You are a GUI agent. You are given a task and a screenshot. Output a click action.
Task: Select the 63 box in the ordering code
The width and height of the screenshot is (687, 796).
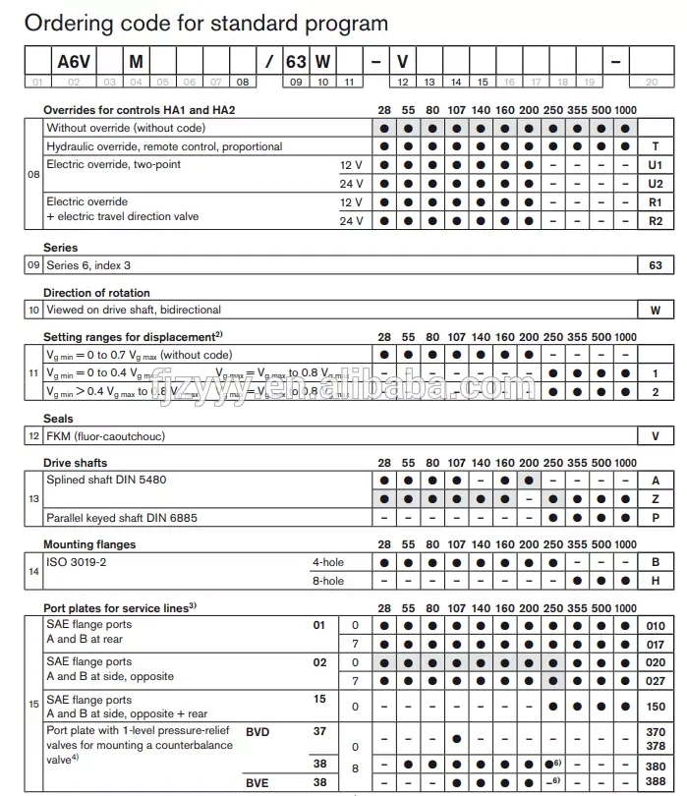296,61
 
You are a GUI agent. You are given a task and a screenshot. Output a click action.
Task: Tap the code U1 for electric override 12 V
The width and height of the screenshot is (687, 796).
656,165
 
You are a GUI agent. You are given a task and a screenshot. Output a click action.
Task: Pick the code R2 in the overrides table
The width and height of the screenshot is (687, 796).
656,221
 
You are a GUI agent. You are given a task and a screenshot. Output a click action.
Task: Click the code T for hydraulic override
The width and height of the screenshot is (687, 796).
656,146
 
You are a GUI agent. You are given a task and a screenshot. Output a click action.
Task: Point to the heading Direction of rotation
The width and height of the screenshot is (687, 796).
96,293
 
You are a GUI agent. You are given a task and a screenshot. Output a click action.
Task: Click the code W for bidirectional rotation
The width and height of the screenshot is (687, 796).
656,310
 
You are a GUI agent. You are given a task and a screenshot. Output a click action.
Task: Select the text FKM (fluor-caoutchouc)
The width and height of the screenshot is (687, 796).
106,435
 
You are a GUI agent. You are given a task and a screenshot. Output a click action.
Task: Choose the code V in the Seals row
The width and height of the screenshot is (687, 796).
656,435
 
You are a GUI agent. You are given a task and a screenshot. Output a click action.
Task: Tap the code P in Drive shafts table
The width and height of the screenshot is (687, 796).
656,518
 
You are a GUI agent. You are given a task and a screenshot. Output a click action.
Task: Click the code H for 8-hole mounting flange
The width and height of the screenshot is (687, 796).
656,581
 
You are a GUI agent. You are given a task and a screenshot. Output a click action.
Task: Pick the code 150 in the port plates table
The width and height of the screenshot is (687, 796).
656,707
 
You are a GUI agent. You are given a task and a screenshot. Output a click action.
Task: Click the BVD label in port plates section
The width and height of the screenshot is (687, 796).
258,731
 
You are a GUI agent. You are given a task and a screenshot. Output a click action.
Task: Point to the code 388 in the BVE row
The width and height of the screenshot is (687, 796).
656,782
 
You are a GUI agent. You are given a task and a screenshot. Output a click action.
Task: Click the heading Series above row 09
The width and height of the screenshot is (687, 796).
60,248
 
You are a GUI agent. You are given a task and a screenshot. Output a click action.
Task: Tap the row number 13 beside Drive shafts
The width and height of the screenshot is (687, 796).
34,499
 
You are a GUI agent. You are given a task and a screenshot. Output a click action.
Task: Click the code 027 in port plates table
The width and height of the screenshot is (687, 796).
656,681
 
